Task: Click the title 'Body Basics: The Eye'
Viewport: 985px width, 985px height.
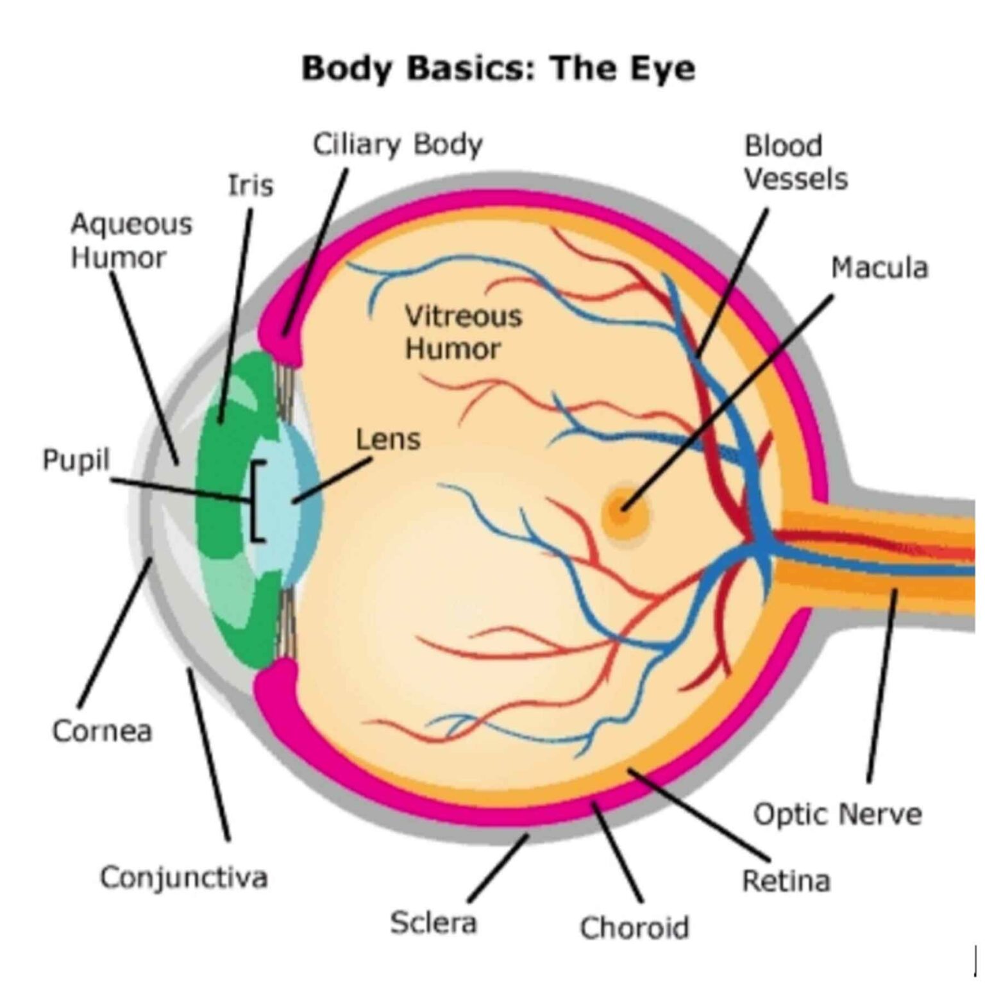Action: [x=498, y=69]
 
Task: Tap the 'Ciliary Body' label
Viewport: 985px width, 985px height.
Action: [x=397, y=145]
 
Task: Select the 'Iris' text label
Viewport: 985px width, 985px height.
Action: [x=250, y=185]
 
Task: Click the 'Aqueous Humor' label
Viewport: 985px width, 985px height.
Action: [x=131, y=240]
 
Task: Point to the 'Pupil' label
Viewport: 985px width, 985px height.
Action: [x=76, y=460]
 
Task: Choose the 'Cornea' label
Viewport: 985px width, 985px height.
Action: [x=102, y=731]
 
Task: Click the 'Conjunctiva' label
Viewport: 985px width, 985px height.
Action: [x=183, y=877]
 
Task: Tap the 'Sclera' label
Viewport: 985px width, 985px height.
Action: [x=433, y=922]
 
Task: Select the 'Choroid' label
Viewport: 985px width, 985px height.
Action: [x=634, y=927]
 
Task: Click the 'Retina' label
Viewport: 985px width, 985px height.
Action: [x=786, y=880]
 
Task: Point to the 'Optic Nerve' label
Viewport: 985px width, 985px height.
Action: [x=837, y=814]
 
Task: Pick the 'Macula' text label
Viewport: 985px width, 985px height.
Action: [x=879, y=268]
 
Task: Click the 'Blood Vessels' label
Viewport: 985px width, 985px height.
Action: [x=795, y=163]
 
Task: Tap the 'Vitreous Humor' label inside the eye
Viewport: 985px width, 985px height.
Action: [x=463, y=332]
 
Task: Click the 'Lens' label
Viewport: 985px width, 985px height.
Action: [x=388, y=440]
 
